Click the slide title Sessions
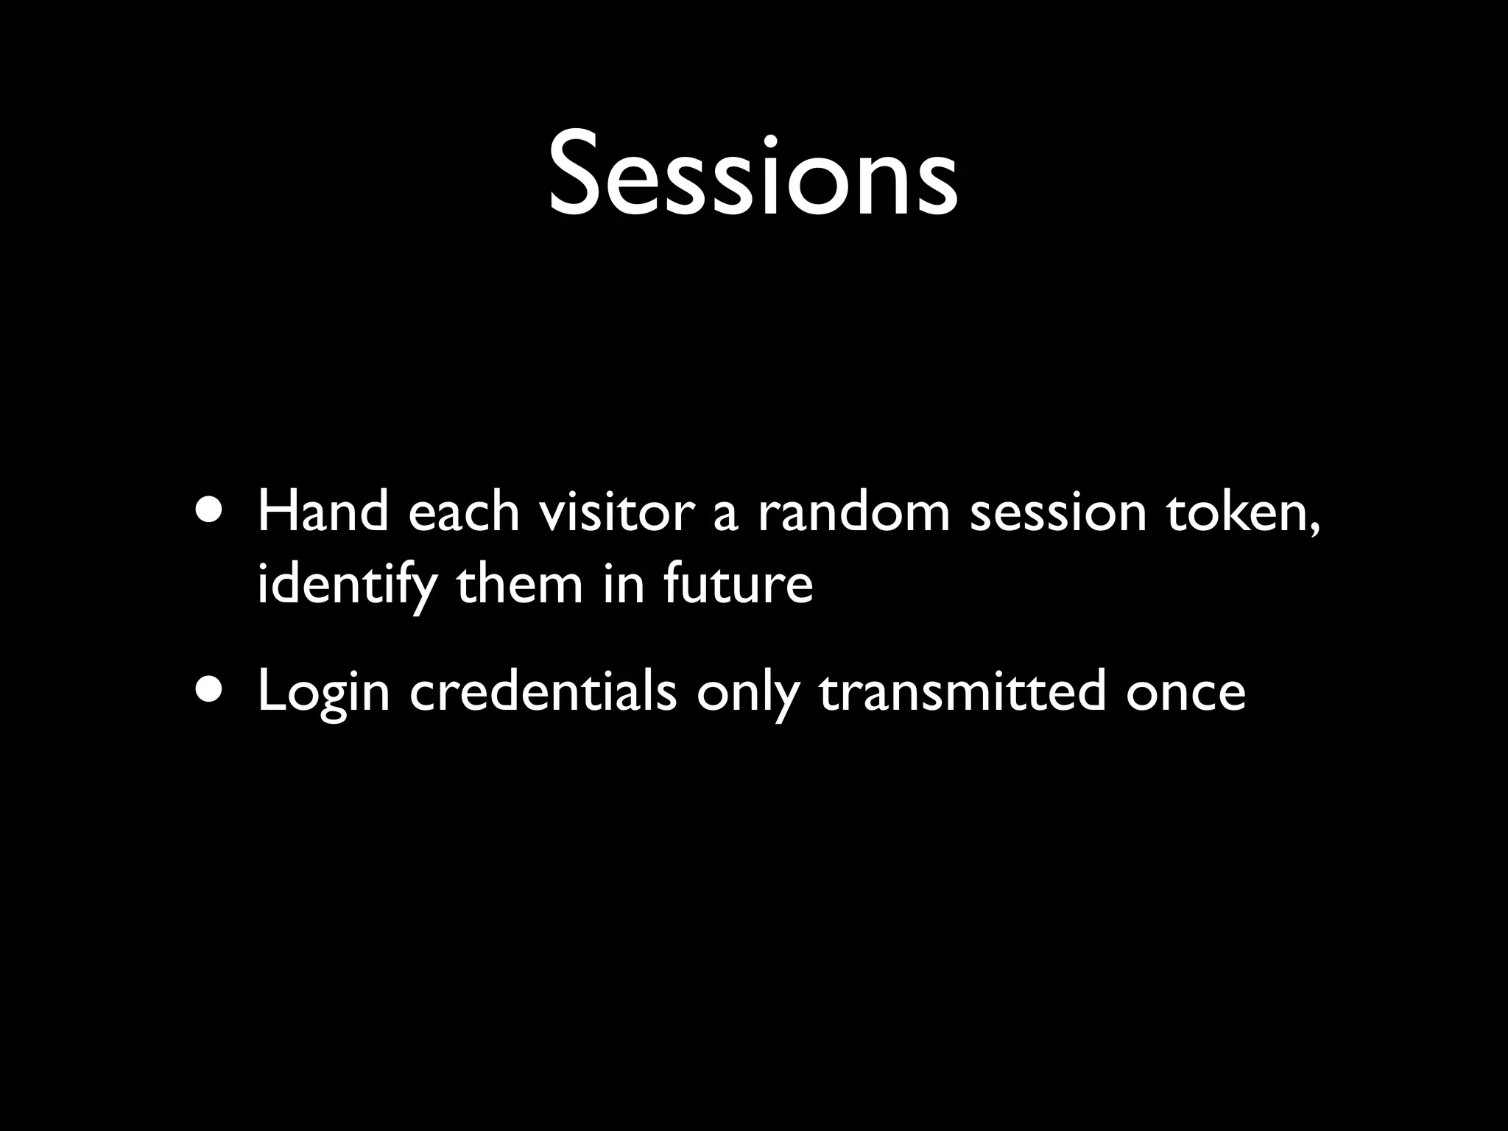753,175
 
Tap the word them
520,584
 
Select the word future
738,584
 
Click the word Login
323,694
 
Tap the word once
1185,694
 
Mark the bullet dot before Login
212,689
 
